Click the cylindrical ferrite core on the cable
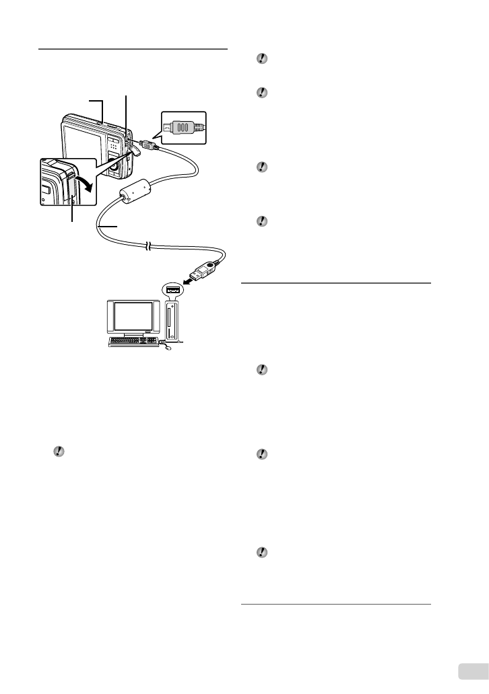[134, 195]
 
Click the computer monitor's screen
[133, 316]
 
